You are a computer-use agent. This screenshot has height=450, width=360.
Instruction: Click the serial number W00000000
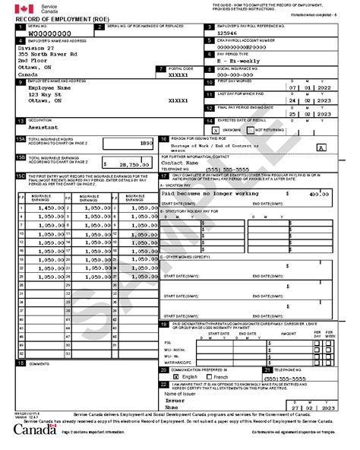(45, 34)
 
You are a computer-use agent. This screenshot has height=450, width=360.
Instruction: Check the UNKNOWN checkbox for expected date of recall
(215, 129)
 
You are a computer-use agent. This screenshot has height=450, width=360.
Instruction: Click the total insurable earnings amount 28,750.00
(125, 163)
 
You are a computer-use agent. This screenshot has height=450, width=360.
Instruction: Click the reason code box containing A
(322, 147)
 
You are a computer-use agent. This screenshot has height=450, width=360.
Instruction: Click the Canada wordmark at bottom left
(34, 430)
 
